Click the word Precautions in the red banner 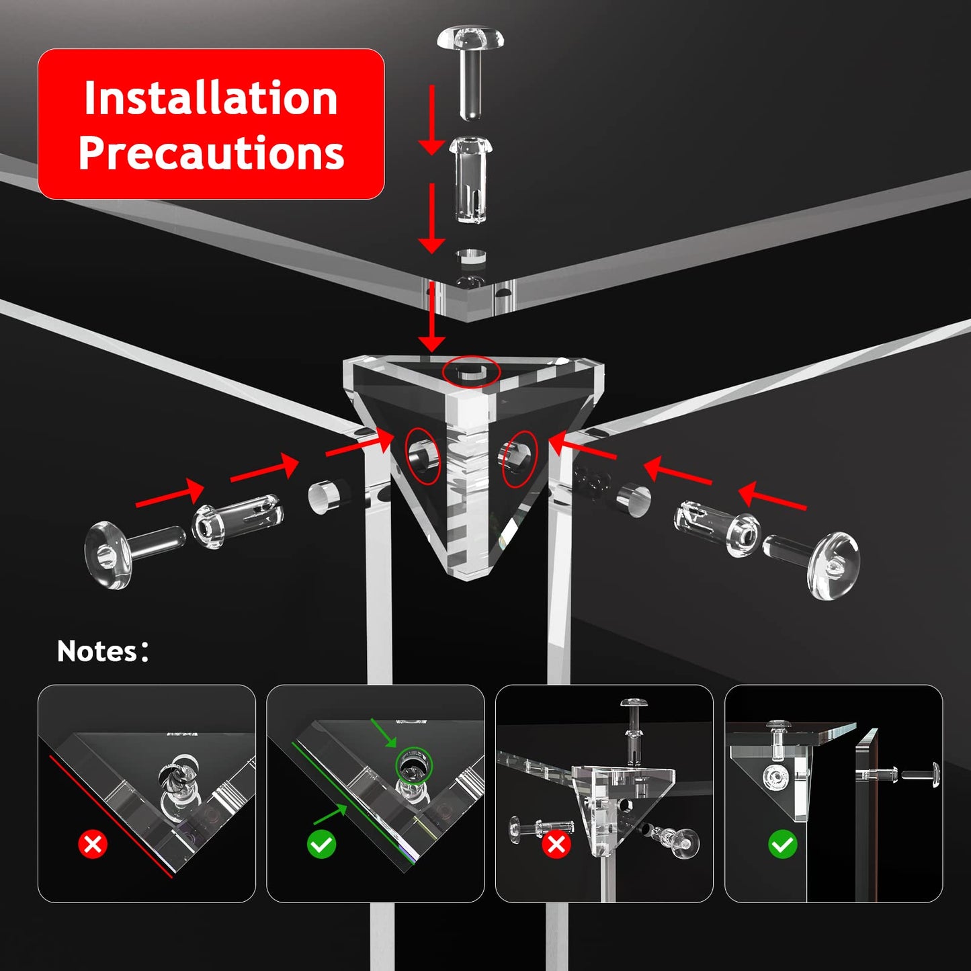[211, 153]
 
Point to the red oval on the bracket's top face [471, 372]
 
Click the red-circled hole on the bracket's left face [423, 456]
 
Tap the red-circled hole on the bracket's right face [520, 458]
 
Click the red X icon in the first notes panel [93, 844]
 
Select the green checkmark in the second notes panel [321, 844]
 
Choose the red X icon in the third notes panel [556, 844]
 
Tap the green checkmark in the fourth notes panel [783, 844]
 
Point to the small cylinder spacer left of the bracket [325, 497]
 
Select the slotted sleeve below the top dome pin [470, 179]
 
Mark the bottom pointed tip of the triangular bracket [468, 579]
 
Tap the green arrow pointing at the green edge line [331, 814]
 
